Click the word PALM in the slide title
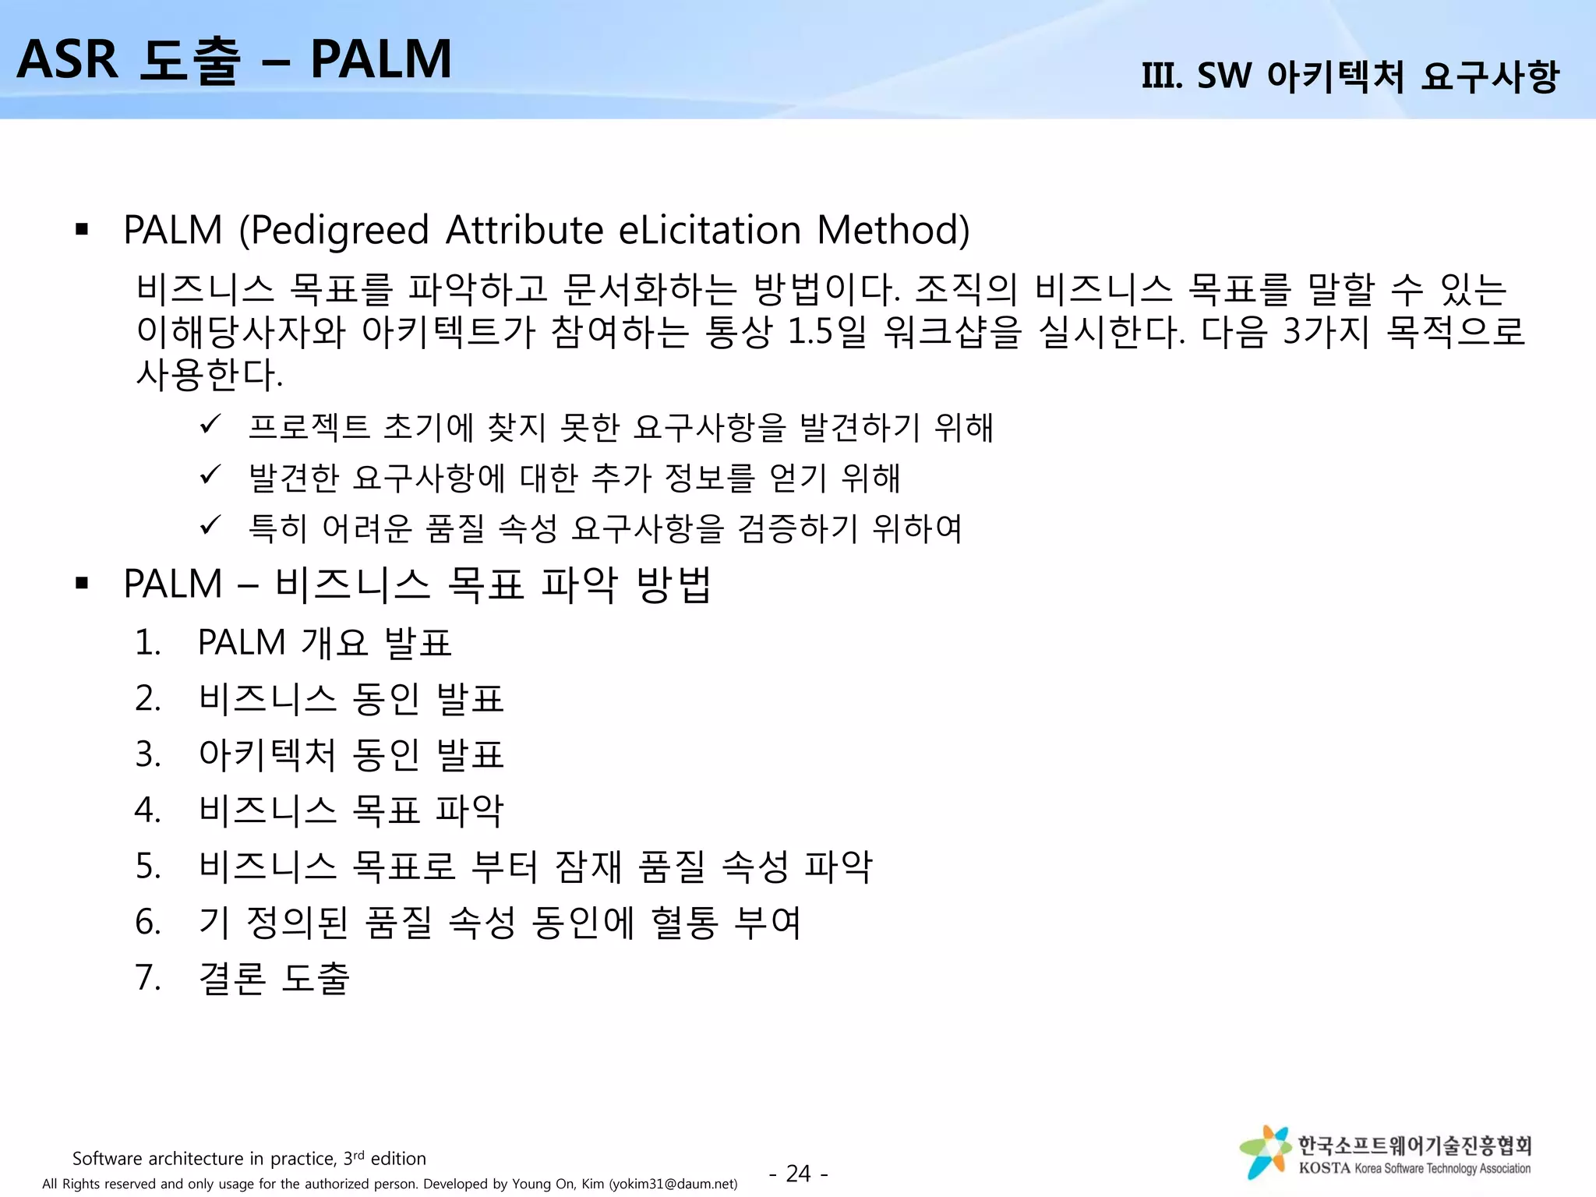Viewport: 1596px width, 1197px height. tap(381, 59)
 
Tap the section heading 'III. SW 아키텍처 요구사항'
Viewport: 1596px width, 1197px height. tap(1350, 76)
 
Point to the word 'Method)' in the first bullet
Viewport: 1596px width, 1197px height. tap(893, 231)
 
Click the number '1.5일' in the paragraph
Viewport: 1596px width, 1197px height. tap(826, 332)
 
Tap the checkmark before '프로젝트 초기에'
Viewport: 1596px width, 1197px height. tap(210, 425)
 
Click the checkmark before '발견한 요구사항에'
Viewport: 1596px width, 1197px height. tap(210, 475)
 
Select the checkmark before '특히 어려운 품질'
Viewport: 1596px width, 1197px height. tap(210, 525)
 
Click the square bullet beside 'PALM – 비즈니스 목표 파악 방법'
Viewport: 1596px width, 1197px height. tap(82, 583)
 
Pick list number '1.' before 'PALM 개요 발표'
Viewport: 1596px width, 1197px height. tap(148, 643)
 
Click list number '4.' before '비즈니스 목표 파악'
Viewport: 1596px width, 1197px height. tap(148, 810)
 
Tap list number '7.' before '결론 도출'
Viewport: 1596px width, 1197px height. tap(148, 978)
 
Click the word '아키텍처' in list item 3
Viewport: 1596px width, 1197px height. tap(267, 754)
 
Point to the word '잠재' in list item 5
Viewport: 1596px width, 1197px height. tap(588, 867)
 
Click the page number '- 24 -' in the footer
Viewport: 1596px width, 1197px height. tap(798, 1173)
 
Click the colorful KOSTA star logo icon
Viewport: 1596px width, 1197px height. tap(1265, 1151)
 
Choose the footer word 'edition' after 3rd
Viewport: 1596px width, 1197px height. tap(398, 1159)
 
